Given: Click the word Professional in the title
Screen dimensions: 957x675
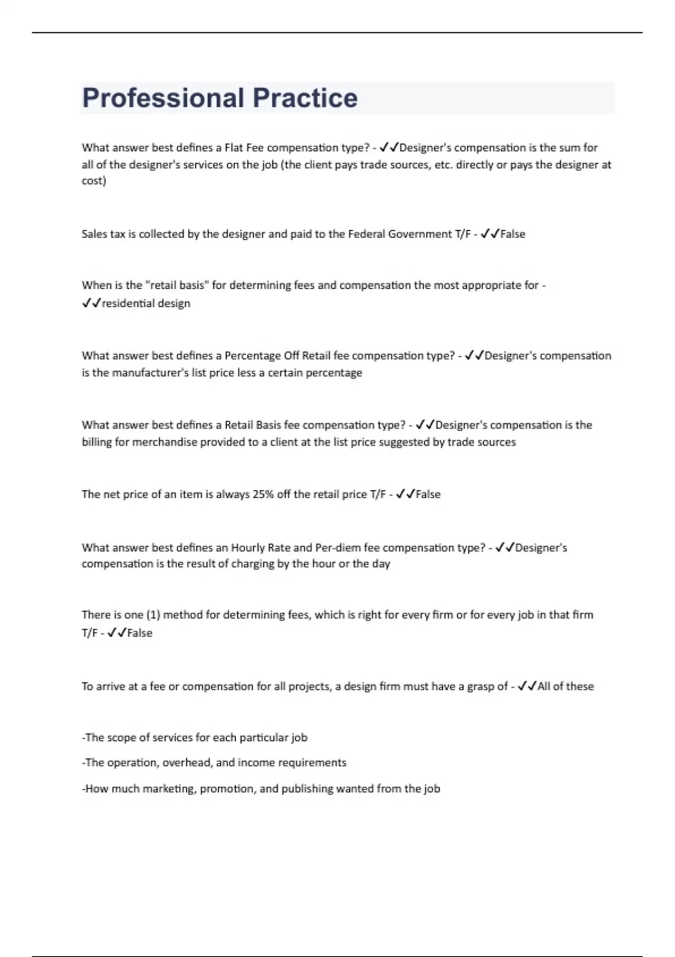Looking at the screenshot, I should [163, 98].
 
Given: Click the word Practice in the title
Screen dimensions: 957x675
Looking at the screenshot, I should [305, 98].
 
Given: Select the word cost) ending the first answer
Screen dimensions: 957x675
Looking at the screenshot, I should [94, 181].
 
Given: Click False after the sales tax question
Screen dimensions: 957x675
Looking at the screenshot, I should [512, 234].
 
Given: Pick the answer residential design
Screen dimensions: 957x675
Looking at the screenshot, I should [146, 303].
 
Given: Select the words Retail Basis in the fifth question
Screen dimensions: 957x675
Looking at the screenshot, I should [253, 424].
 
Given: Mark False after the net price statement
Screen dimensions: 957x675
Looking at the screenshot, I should [428, 494].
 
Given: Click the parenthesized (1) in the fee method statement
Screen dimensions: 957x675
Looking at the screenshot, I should [153, 615].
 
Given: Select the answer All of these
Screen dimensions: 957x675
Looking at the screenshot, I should [565, 686].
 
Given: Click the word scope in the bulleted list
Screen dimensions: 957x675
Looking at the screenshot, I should [120, 737].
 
